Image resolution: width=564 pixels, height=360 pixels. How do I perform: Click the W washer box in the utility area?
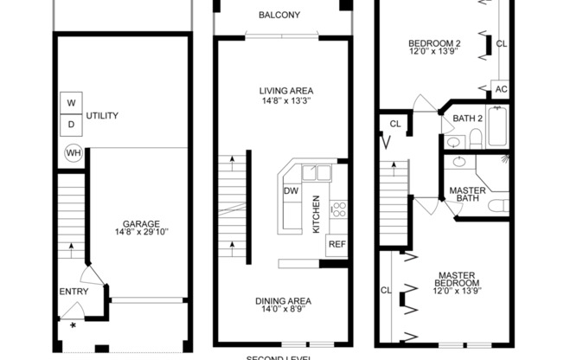[x=71, y=103]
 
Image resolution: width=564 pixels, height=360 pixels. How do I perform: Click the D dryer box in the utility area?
[x=71, y=124]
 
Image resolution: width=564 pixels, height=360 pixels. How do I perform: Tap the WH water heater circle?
[x=74, y=153]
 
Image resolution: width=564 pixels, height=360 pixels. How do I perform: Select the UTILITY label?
[x=102, y=115]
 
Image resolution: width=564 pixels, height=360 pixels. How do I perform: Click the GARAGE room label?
[x=139, y=223]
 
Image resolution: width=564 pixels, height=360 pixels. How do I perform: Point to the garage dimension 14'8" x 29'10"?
[x=139, y=232]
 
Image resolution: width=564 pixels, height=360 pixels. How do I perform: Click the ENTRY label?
[x=73, y=292]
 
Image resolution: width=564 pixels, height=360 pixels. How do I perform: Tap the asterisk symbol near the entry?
[x=73, y=326]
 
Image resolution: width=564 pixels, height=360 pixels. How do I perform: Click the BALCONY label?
[x=279, y=15]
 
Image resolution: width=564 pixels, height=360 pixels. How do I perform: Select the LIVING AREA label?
[x=285, y=90]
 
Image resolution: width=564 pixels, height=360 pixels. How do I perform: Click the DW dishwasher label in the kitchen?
[x=291, y=191]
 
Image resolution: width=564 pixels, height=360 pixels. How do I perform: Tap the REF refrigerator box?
[x=336, y=245]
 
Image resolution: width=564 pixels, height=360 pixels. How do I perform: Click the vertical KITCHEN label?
[x=317, y=214]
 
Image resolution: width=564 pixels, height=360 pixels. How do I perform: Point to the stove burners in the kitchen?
[x=338, y=208]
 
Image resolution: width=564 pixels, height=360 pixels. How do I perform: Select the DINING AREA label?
[x=283, y=301]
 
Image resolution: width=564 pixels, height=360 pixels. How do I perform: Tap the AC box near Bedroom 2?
[x=501, y=88]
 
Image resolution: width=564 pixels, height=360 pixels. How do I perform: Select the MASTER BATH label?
[x=466, y=194]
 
